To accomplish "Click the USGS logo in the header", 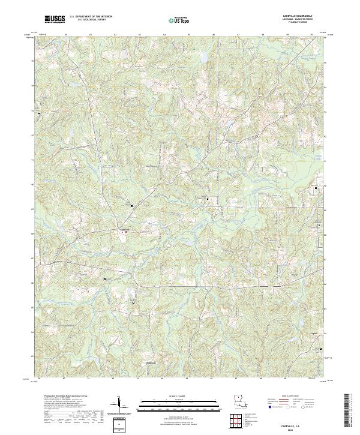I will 55,19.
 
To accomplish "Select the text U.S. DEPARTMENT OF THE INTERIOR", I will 91,17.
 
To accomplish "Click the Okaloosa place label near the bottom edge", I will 151,362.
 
